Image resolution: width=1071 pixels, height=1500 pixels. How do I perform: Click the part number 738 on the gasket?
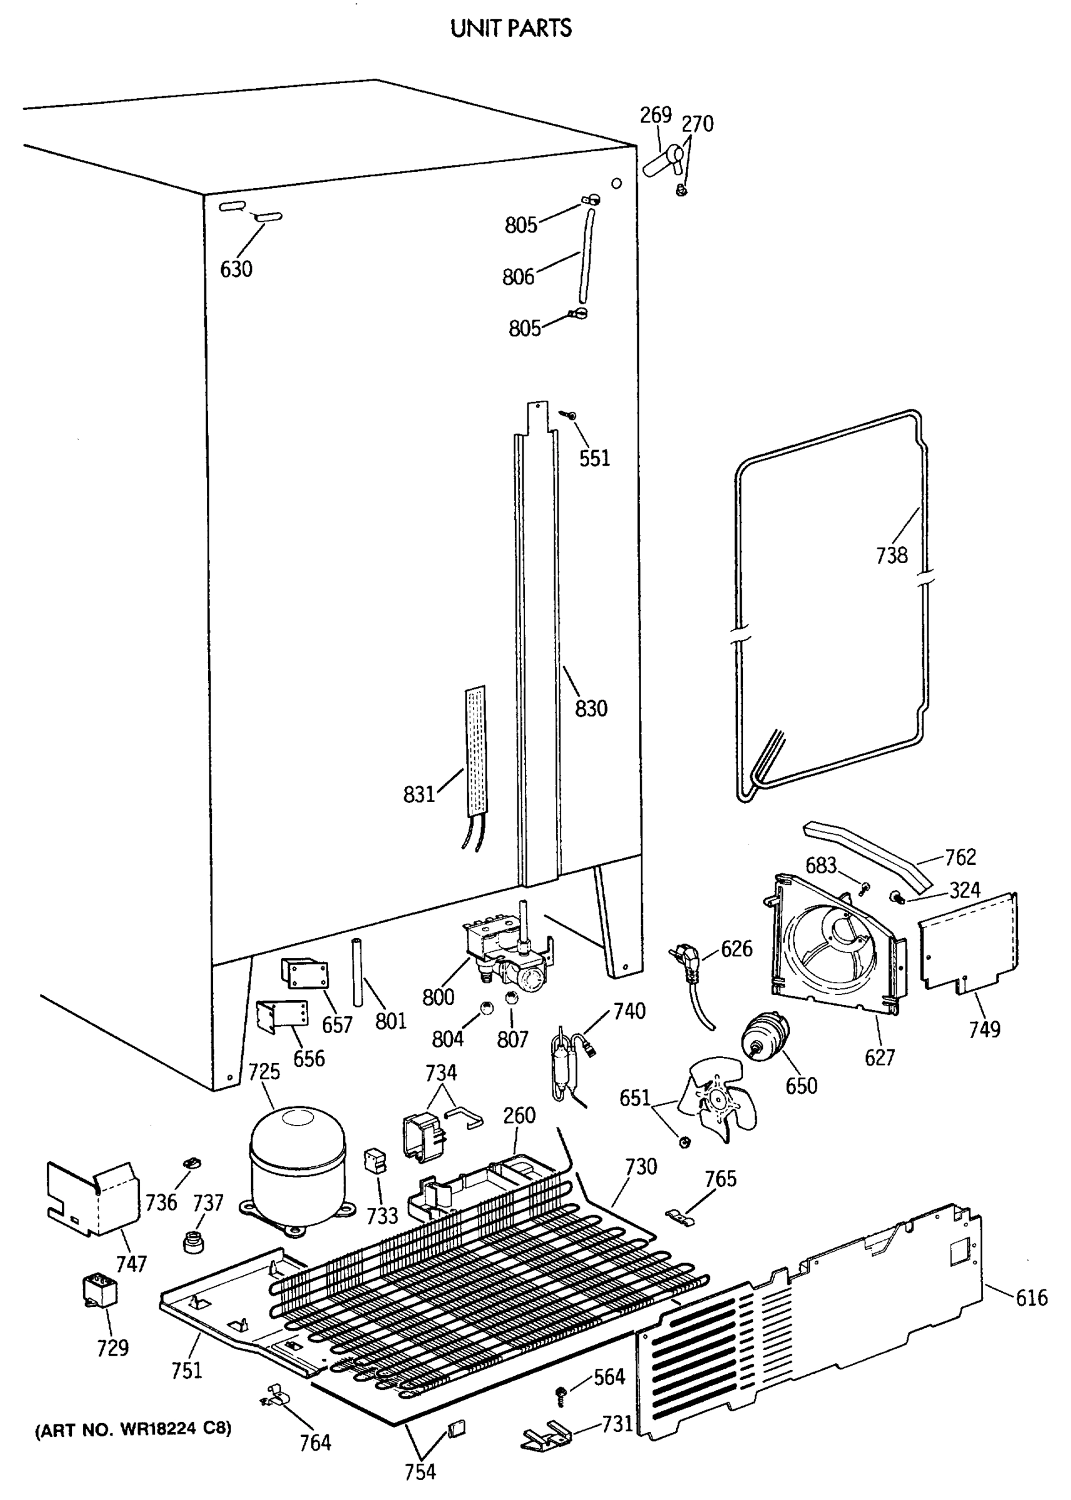[x=892, y=556]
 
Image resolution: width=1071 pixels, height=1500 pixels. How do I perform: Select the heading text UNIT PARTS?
[x=511, y=28]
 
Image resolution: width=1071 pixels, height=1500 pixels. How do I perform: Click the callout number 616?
[x=1032, y=1298]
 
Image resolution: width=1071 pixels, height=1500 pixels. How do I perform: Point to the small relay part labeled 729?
[x=99, y=1288]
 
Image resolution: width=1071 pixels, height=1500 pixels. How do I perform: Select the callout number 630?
[x=236, y=269]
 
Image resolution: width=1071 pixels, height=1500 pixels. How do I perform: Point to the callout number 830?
[x=590, y=709]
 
